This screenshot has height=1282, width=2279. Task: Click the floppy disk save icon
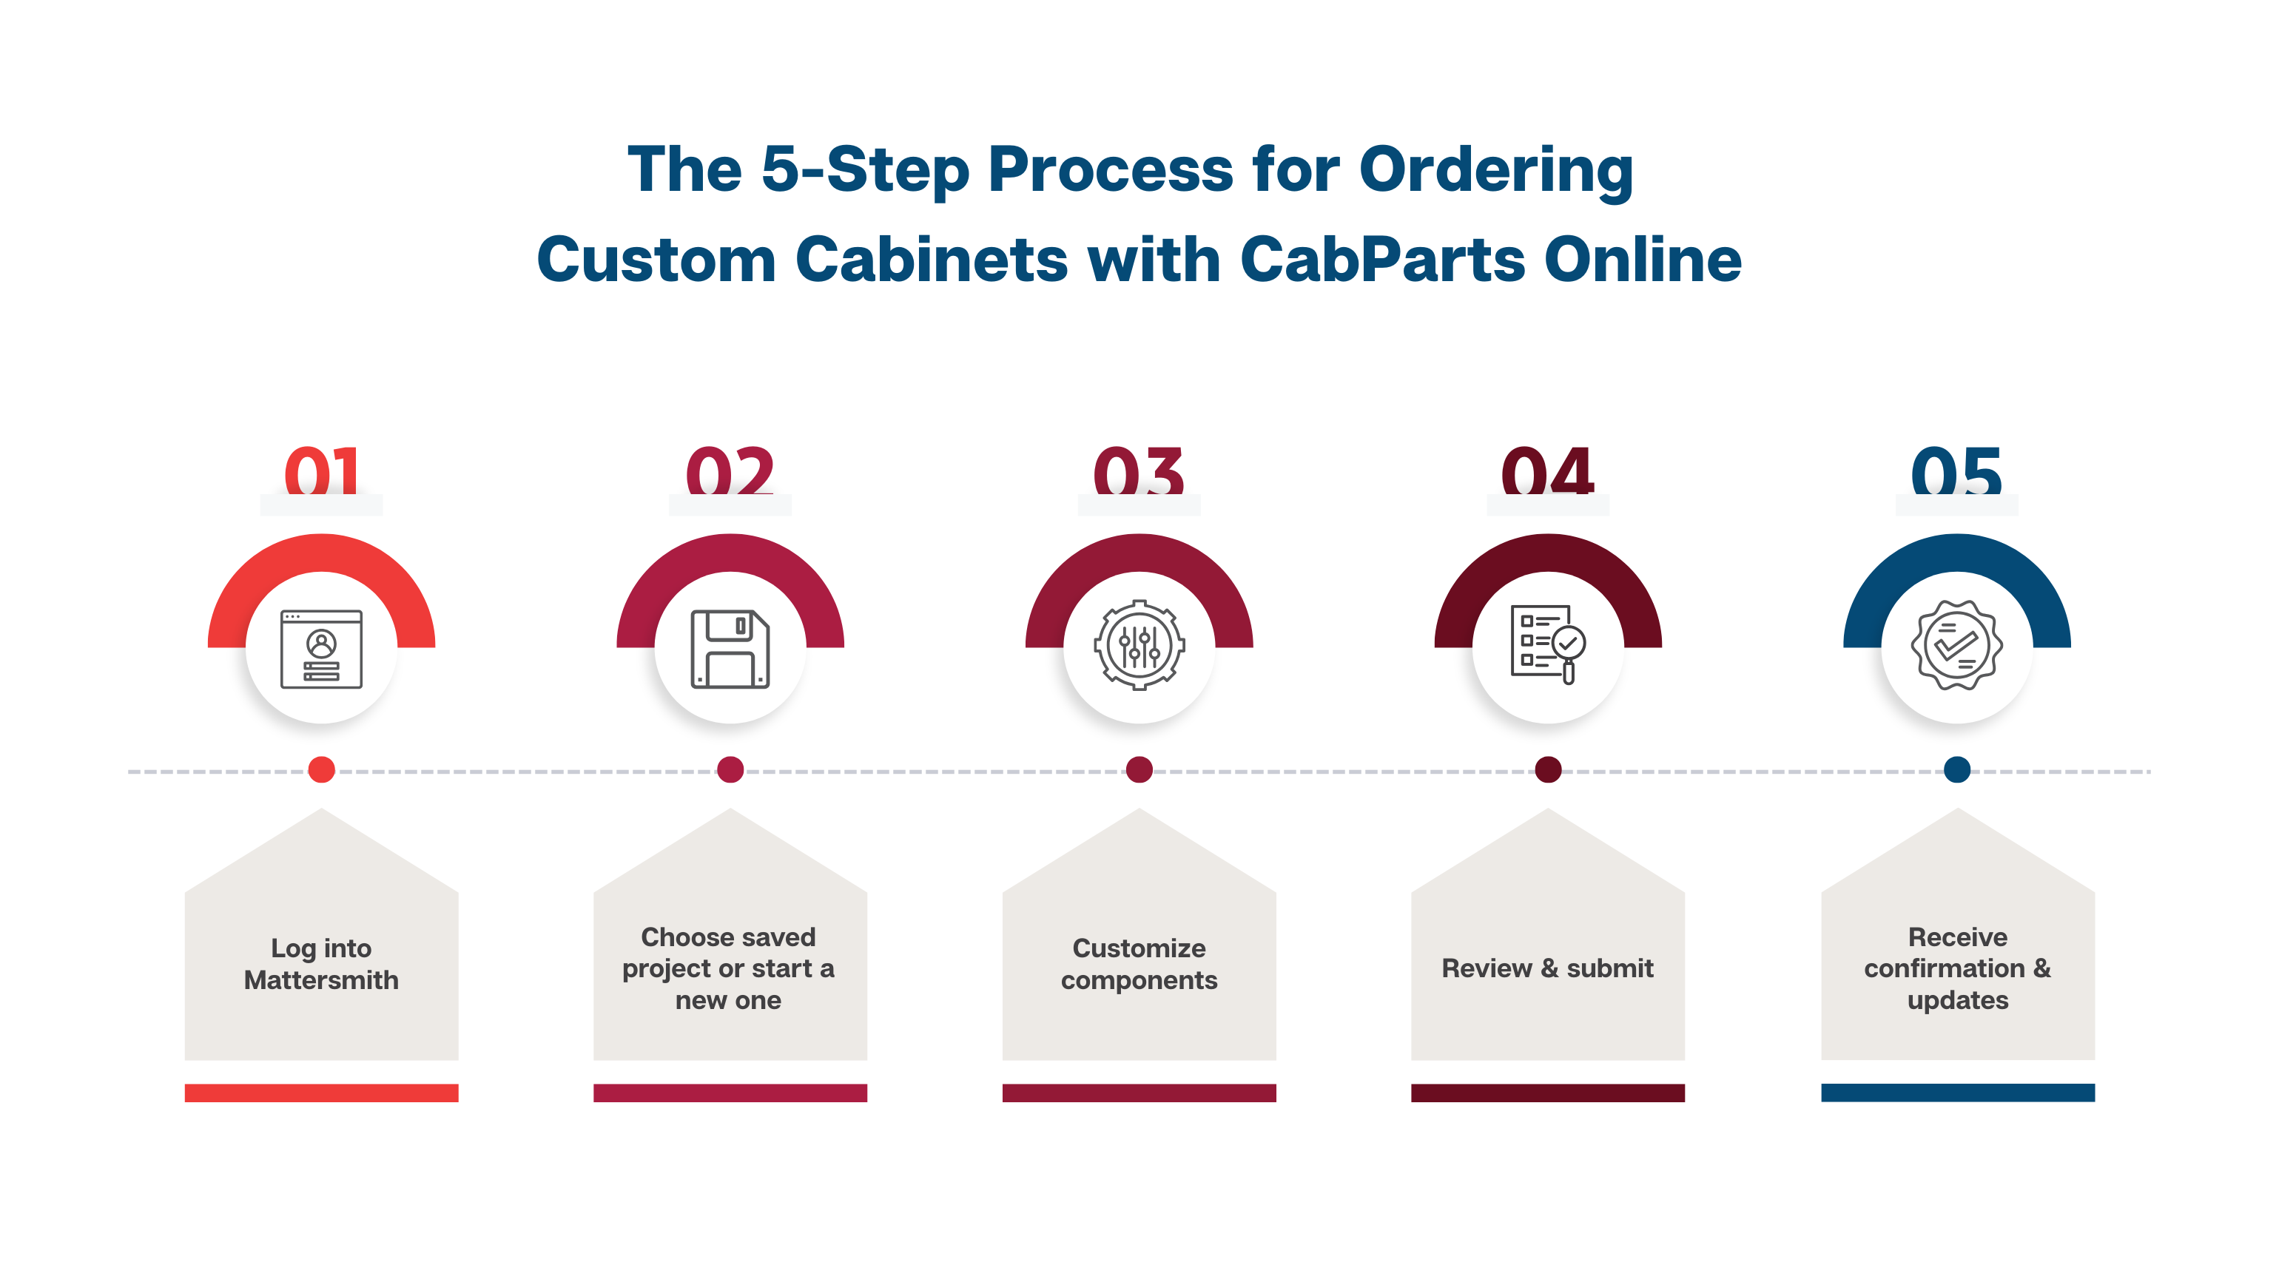pyautogui.click(x=730, y=649)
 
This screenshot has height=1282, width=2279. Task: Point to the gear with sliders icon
pyautogui.click(x=1139, y=645)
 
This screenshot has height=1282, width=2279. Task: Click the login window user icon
pyautogui.click(x=321, y=649)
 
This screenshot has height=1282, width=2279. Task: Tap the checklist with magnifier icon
pyautogui.click(x=1547, y=644)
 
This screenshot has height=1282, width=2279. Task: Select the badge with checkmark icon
pyautogui.click(x=1956, y=645)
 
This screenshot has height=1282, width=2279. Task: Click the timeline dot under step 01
pyautogui.click(x=321, y=770)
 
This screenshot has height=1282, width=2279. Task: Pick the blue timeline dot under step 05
pyautogui.click(x=1956, y=770)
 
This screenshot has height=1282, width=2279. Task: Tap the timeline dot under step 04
pyautogui.click(x=1547, y=770)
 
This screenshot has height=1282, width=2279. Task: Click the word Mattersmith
pyautogui.click(x=321, y=980)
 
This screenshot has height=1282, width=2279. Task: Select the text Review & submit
pyautogui.click(x=1547, y=968)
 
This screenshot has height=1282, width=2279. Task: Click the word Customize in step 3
pyautogui.click(x=1139, y=948)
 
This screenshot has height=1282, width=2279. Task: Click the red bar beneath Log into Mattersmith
pyautogui.click(x=321, y=1093)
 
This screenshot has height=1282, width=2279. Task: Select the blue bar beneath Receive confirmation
pyautogui.click(x=1957, y=1093)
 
